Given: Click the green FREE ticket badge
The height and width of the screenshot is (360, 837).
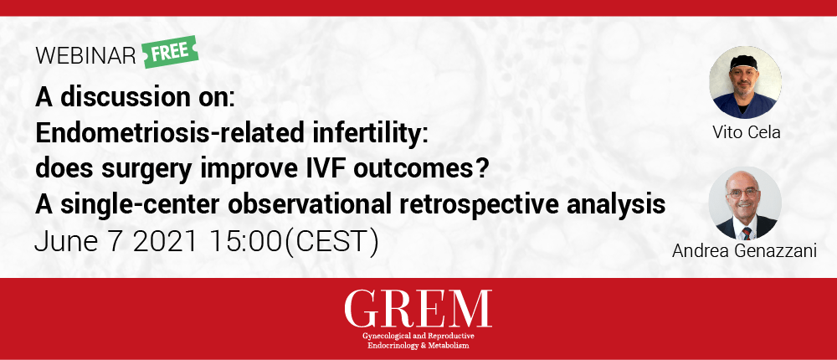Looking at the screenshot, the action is click(x=171, y=52).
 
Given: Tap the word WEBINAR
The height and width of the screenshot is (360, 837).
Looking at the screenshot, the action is click(x=86, y=56).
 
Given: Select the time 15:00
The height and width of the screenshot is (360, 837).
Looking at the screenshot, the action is click(x=244, y=243).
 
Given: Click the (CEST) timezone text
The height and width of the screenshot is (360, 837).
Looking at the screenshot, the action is click(x=329, y=243).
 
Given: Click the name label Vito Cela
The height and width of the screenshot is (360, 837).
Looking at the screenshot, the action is click(x=746, y=132).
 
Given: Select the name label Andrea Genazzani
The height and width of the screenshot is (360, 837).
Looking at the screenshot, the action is click(x=745, y=251).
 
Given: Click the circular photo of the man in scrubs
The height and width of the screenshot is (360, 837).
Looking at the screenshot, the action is click(x=745, y=82).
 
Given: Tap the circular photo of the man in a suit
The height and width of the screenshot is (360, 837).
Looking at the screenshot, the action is click(x=745, y=203).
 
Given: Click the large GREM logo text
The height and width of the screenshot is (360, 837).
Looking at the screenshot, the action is click(x=418, y=309).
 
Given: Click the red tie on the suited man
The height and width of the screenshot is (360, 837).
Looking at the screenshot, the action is click(x=746, y=233).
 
